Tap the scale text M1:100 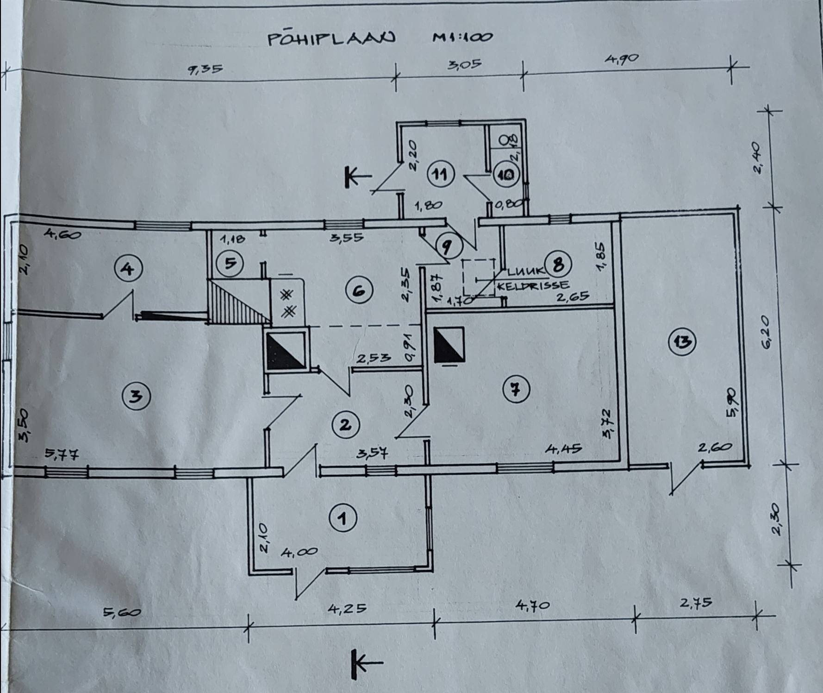click(462, 37)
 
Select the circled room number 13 click(683, 342)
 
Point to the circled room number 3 click(136, 397)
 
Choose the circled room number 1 click(343, 519)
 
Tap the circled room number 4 click(128, 268)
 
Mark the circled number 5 click(231, 263)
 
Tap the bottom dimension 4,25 click(347, 607)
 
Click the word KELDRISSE click(533, 286)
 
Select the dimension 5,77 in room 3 click(62, 454)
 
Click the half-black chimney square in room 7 click(449, 345)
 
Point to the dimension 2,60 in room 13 click(715, 447)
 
